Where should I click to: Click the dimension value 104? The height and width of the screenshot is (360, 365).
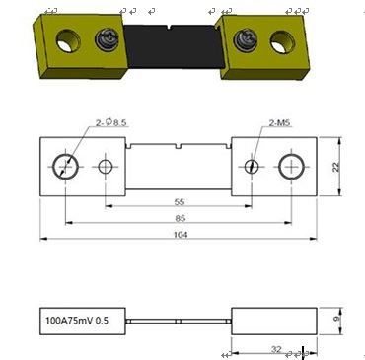[x=181, y=235]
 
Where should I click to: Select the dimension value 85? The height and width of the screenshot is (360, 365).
[x=181, y=218]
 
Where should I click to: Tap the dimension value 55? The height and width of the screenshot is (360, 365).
[x=180, y=202]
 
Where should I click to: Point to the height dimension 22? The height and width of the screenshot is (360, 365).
[x=335, y=167]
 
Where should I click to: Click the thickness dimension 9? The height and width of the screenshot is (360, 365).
[x=336, y=319]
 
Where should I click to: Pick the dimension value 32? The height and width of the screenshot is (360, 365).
[x=276, y=349]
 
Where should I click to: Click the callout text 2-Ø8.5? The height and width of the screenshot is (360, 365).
[x=111, y=123]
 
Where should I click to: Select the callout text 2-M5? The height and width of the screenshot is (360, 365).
[x=280, y=123]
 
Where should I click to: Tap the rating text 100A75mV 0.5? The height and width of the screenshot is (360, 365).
[x=77, y=321]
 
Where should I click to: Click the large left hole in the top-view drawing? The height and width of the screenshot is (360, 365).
[x=65, y=167]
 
